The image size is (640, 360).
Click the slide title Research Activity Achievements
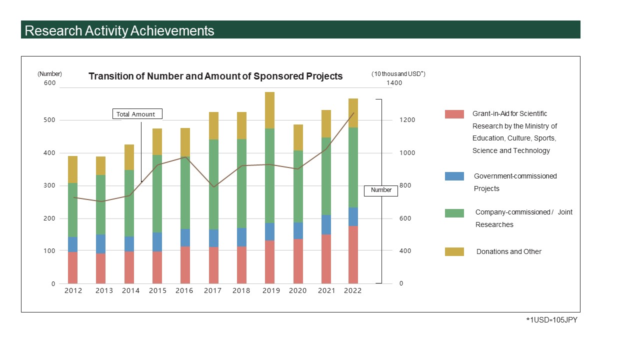click(x=119, y=30)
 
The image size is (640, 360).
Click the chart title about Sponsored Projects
click(x=215, y=76)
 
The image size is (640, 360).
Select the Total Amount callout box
click(x=136, y=114)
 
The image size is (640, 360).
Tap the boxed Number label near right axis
click(x=381, y=190)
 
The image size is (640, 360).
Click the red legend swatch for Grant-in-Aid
click(x=454, y=114)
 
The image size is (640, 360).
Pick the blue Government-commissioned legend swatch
click(x=454, y=176)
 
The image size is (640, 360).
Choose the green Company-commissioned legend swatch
click(x=454, y=213)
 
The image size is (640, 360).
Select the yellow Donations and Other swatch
click(x=454, y=251)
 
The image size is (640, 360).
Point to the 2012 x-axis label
click(x=72, y=291)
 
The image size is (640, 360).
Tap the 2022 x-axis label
click(x=352, y=291)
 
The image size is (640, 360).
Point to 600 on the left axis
click(x=49, y=83)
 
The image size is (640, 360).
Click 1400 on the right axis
click(x=394, y=83)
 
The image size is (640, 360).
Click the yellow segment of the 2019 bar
click(x=269, y=110)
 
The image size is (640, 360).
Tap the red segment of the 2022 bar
click(x=353, y=255)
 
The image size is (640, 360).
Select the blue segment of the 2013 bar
click(x=101, y=244)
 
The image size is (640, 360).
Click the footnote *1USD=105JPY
click(x=551, y=320)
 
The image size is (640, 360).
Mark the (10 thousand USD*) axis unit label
click(x=398, y=74)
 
